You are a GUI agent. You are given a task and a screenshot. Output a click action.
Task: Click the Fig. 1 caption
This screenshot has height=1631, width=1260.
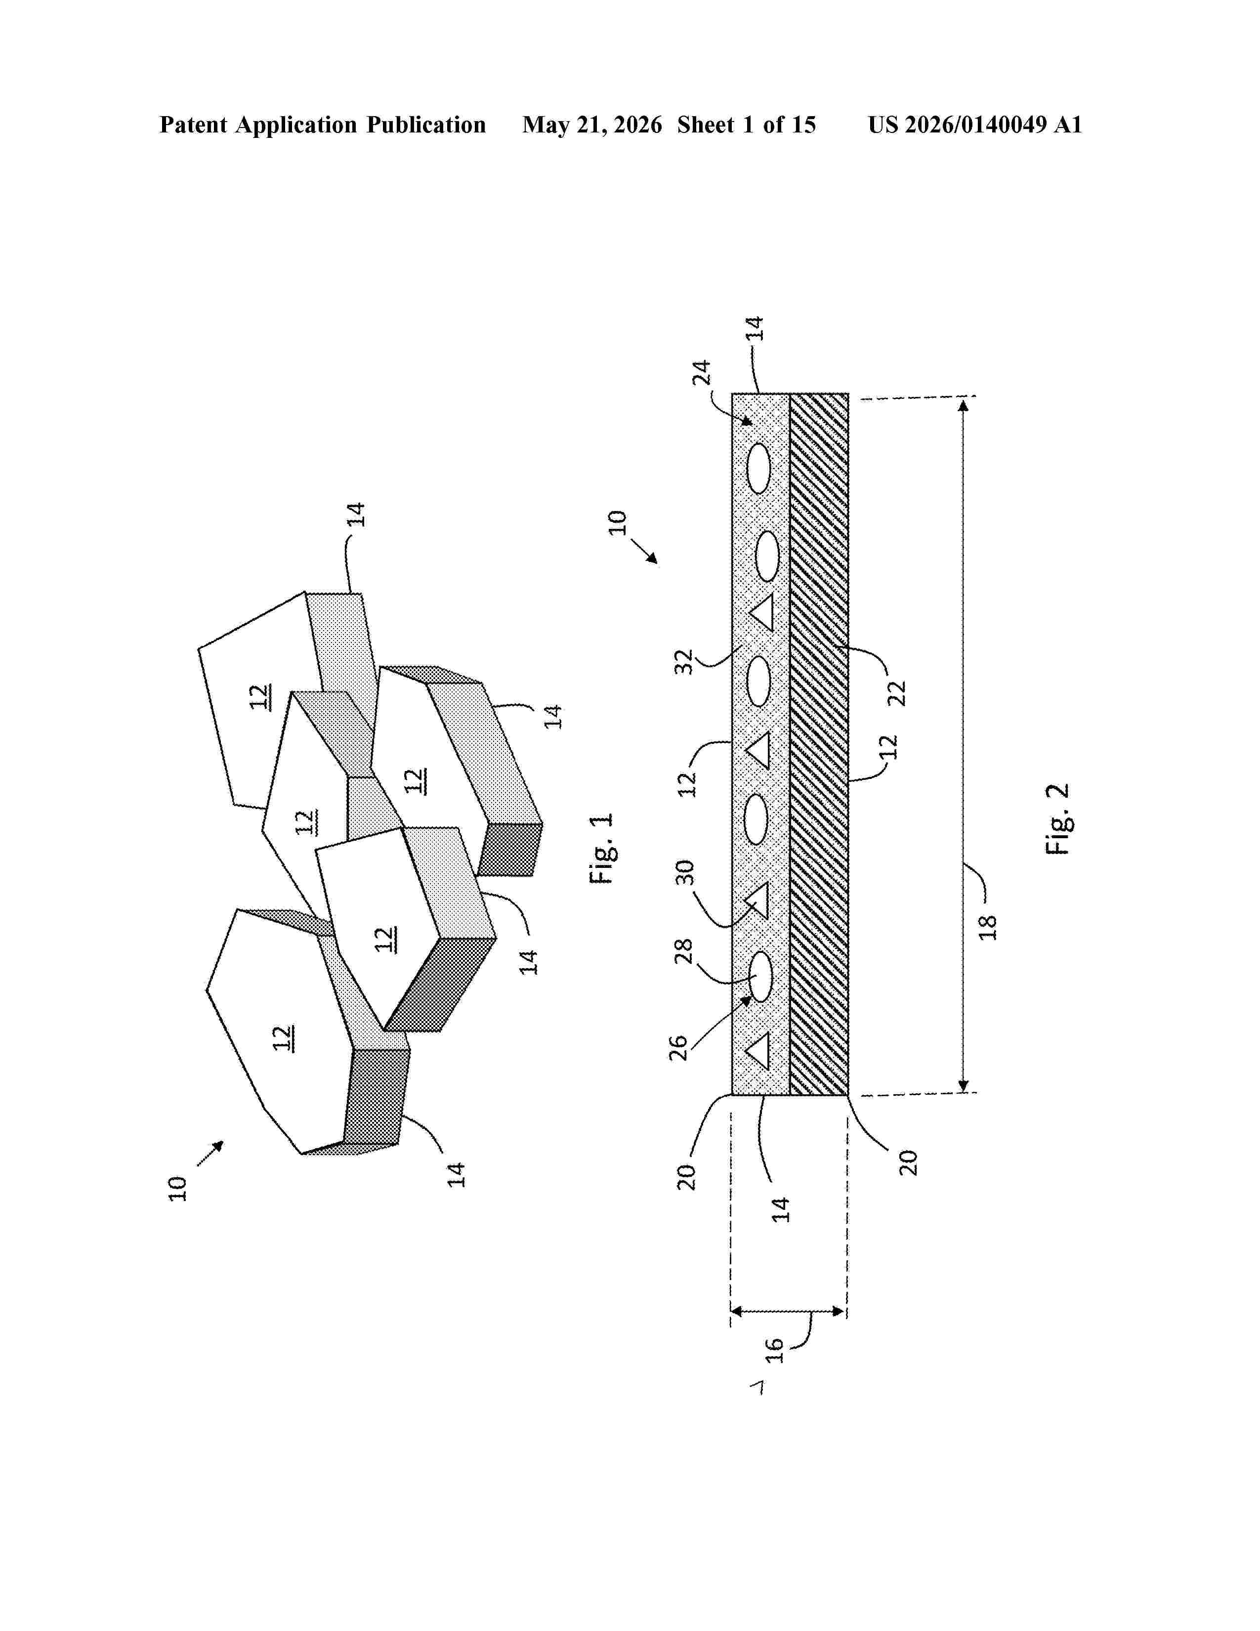click(x=602, y=848)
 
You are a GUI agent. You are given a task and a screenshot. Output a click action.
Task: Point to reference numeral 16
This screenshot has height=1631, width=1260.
click(x=775, y=1350)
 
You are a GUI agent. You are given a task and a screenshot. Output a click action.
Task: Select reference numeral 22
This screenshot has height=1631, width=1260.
click(x=896, y=693)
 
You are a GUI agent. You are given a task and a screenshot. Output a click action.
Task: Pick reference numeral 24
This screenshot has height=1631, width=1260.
click(x=703, y=373)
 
